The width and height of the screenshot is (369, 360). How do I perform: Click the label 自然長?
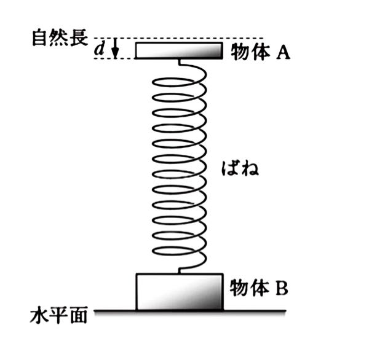tap(54, 36)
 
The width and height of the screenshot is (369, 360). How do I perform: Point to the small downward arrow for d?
tap(114, 50)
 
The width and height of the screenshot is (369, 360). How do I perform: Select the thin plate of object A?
tap(178, 50)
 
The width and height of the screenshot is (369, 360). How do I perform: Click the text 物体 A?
tap(260, 53)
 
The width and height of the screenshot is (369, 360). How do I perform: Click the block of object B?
tap(178, 291)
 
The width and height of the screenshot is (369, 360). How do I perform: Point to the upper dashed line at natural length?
tap(184, 38)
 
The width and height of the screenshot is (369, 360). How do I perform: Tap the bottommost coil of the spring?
tap(179, 251)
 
